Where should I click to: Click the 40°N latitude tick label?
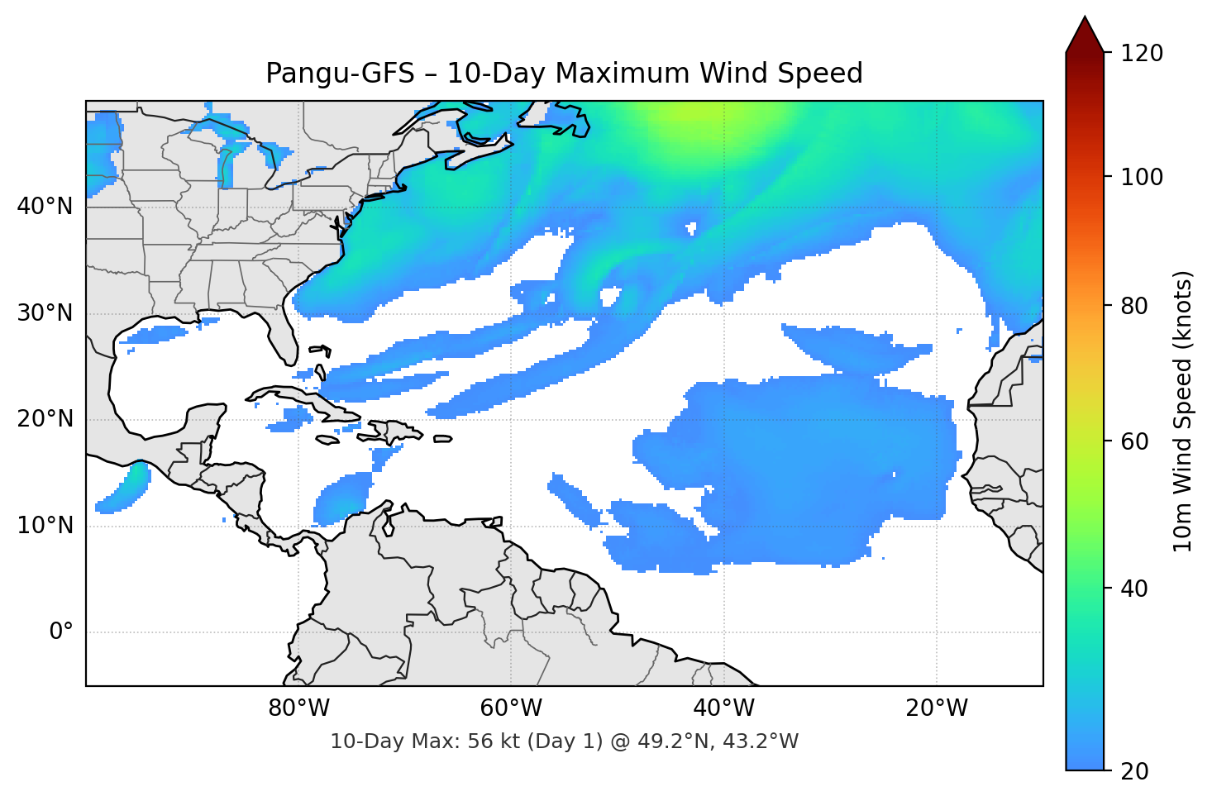coord(45,207)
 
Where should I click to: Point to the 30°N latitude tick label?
coord(45,313)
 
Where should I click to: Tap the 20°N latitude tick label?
coord(45,419)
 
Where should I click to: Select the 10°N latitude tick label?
coord(45,526)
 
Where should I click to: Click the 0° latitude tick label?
coord(61,632)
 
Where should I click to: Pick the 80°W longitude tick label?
coord(298,708)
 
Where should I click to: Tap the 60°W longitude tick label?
coord(511,708)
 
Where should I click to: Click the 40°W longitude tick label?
coord(724,708)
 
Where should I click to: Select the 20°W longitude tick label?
coord(937,708)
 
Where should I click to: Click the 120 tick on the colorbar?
coord(1142,54)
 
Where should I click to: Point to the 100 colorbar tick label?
coord(1142,177)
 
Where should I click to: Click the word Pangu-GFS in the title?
coord(340,74)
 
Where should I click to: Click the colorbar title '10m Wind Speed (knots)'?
coord(1183,411)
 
